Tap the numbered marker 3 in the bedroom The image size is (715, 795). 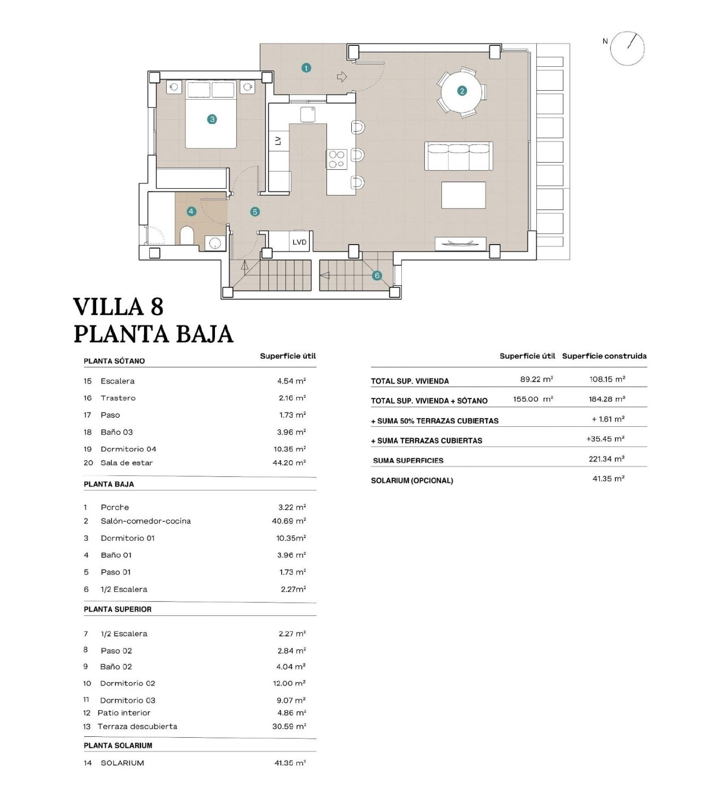pos(212,119)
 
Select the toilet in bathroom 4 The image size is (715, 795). pos(187,236)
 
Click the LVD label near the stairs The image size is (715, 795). pos(299,242)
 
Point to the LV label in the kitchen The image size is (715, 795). pos(278,141)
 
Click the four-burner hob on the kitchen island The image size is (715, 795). pos(337,159)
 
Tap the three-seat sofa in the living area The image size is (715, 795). pos(459,156)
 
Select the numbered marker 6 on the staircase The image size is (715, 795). pos(377,275)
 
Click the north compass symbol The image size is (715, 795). pos(627,48)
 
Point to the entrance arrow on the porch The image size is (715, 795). pos(342,77)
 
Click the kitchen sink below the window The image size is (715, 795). pos(308,114)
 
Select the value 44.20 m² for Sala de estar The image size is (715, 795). pos(289,463)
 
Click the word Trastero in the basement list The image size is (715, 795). pos(118,398)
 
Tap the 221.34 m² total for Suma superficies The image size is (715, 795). pos(606,459)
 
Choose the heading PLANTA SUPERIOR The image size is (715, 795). pos(118,609)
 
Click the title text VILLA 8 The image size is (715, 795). pos(118,307)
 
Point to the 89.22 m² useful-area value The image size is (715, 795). pos(536,379)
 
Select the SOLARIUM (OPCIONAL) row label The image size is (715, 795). pos(412,480)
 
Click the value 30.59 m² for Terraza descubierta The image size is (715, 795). pos(289,726)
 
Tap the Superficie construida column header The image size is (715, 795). pos(604,356)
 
